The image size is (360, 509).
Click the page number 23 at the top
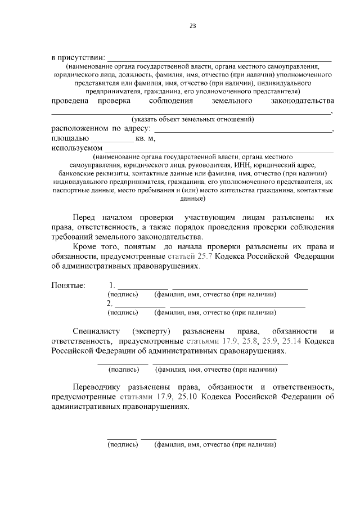tap(192, 26)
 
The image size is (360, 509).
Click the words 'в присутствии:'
tap(78, 57)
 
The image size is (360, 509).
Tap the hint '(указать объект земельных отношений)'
tap(192, 119)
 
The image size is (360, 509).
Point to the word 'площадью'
tap(70, 138)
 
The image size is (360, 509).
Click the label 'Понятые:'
tap(68, 285)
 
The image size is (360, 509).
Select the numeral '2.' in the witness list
tap(110, 304)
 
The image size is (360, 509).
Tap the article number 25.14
tap(295, 341)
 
